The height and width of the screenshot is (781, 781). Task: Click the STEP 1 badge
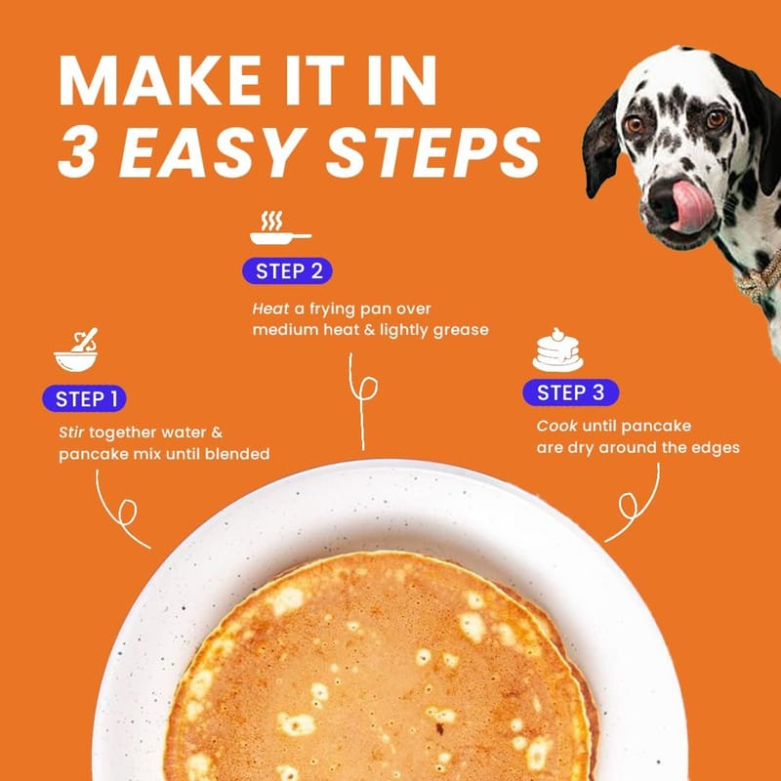[x=84, y=398]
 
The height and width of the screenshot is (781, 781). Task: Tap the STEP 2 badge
[x=287, y=271]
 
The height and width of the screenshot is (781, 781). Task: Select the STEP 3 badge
[x=571, y=392]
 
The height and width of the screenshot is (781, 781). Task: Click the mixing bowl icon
[x=76, y=349]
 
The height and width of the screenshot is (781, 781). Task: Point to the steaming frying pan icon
[x=280, y=228]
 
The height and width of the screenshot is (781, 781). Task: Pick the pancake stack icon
[x=557, y=350]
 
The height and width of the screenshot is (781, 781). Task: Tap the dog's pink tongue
[x=693, y=206]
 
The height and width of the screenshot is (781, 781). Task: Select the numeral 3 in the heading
[x=76, y=152]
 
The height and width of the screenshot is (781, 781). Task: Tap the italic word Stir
[x=71, y=432]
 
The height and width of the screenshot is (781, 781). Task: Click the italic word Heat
[x=270, y=308]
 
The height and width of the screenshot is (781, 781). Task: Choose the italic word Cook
[x=556, y=426]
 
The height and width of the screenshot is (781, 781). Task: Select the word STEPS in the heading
[x=432, y=152]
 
